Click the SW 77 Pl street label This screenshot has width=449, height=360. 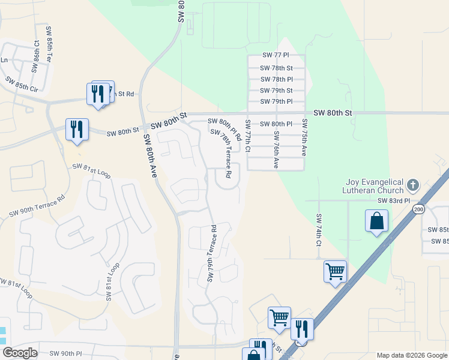(276, 55)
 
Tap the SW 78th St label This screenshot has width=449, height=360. (277, 68)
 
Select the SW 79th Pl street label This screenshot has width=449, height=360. (277, 101)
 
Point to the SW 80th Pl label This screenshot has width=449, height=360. (277, 124)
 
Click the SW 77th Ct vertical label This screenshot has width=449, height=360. (247, 136)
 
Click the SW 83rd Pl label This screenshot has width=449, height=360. (393, 201)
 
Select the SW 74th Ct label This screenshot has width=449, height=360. (319, 230)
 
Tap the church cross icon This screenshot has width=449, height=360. (412, 184)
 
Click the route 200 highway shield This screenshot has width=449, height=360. (418, 208)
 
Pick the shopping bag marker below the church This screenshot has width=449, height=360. (376, 221)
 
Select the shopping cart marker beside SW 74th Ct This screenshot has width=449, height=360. (335, 271)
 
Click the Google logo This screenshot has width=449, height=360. (20, 353)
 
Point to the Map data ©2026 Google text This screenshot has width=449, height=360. (411, 355)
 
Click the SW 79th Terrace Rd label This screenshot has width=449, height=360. (211, 253)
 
